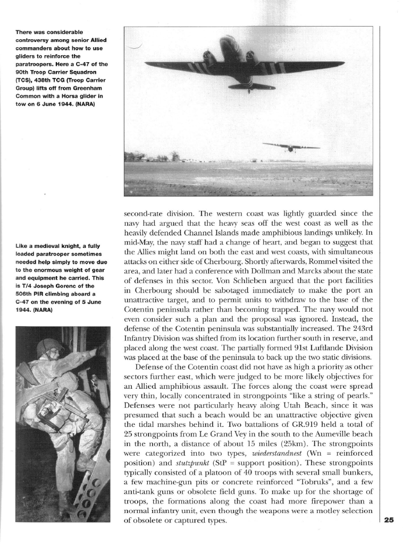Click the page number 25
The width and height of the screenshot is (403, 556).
(x=389, y=520)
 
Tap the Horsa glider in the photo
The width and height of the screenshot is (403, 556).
(x=291, y=146)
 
